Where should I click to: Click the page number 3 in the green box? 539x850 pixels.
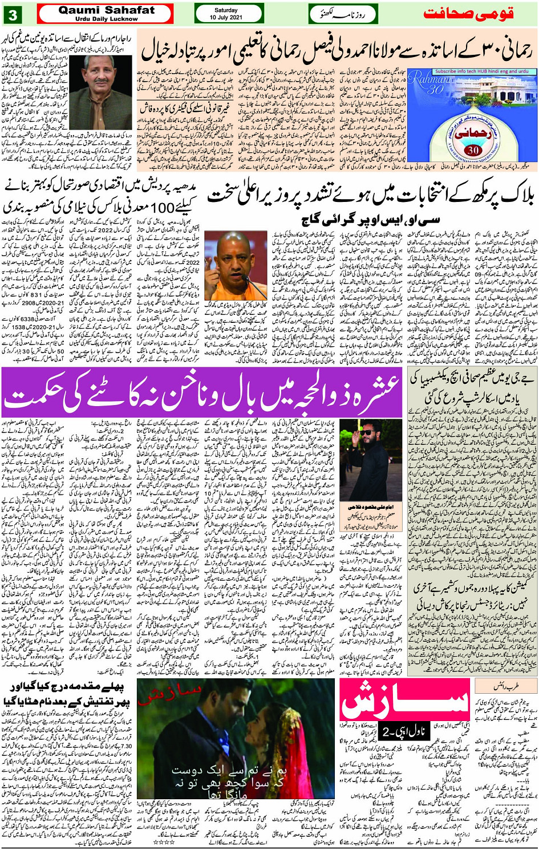pos(13,13)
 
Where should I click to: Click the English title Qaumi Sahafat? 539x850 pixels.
pos(106,10)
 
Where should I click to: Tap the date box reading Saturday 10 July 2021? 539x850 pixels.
pos(229,13)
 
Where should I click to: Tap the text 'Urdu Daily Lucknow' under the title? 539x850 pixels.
pos(106,19)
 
